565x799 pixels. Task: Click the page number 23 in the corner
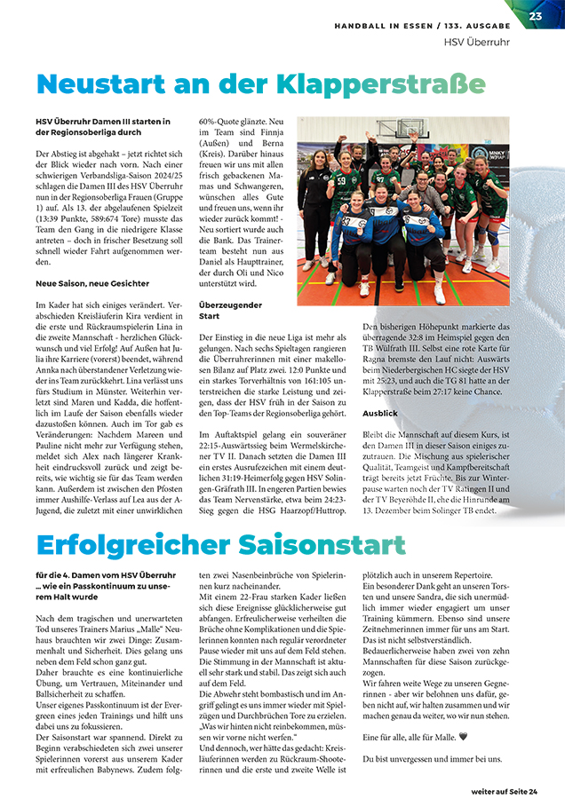click(536, 16)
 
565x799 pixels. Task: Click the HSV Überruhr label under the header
click(478, 42)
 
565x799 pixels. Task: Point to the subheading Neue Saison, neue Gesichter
click(92, 283)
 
